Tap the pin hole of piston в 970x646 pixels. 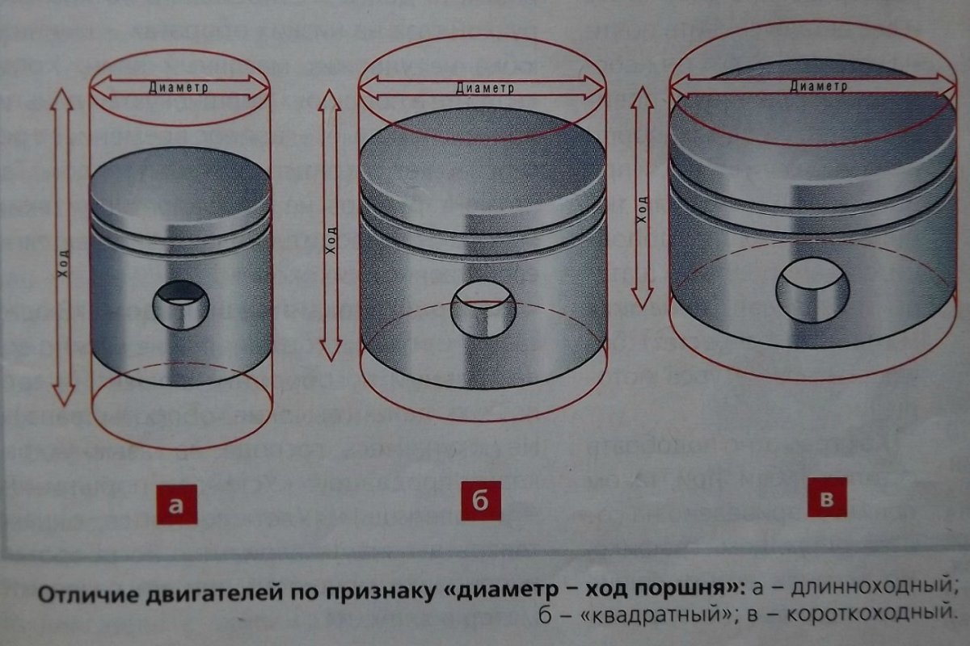coord(814,289)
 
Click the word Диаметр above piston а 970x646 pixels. coord(179,87)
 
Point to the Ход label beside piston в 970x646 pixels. coord(643,208)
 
